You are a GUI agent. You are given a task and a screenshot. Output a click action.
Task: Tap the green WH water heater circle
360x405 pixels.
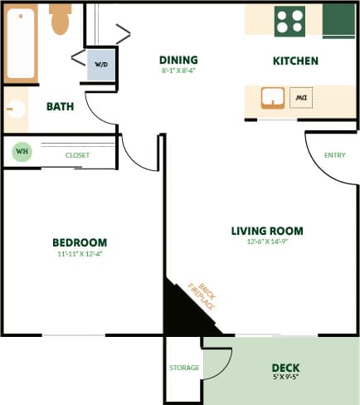tap(21, 153)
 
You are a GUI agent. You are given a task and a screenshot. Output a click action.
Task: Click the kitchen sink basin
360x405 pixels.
tap(272, 99)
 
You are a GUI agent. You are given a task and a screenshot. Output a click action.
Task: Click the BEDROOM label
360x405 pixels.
tap(80, 242)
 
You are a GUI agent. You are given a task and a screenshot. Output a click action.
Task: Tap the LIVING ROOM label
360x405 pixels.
tap(266, 231)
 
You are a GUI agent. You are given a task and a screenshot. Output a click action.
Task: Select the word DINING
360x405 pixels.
tap(178, 60)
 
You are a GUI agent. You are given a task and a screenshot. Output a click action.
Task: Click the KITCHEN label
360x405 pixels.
tap(295, 61)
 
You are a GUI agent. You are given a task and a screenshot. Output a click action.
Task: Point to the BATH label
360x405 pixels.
tap(60, 106)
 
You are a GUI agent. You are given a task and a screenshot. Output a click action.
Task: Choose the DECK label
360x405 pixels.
tap(285, 368)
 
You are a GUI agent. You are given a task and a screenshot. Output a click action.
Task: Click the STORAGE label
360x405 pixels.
tap(184, 368)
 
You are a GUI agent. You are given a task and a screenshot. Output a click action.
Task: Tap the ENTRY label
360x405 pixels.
tap(335, 155)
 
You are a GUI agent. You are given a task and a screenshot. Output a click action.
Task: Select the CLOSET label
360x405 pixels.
tap(78, 155)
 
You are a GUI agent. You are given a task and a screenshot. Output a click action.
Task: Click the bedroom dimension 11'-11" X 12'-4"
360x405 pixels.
tap(80, 254)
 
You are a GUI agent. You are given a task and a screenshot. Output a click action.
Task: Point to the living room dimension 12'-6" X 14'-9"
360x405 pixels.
tap(266, 242)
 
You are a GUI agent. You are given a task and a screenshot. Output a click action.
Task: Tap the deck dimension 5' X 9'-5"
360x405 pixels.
tap(285, 378)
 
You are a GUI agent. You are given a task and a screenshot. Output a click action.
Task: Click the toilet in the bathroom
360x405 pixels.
tap(60, 21)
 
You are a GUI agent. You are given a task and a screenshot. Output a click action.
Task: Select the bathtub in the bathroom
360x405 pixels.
tap(21, 41)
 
